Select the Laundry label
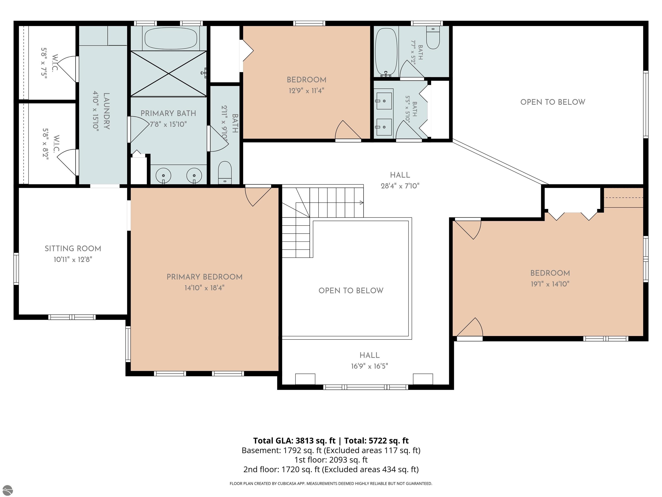(x=106, y=111)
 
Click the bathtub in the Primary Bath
(x=171, y=38)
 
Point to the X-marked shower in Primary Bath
(x=169, y=74)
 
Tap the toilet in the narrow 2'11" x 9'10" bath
(x=225, y=173)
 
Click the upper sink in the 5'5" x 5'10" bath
(x=384, y=101)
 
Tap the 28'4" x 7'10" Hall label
(x=400, y=180)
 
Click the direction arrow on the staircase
(x=362, y=203)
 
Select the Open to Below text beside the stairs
(x=351, y=291)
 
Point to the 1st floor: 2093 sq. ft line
(x=331, y=460)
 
